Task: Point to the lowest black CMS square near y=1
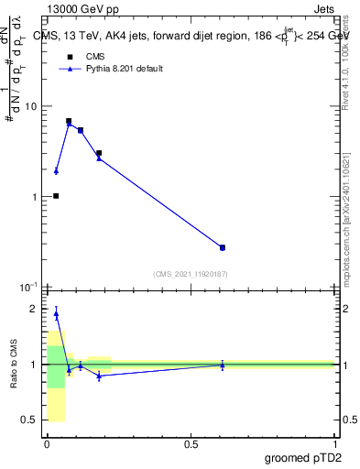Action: pos(56,196)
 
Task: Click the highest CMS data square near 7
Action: pos(69,121)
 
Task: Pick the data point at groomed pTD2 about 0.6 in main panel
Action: pos(223,247)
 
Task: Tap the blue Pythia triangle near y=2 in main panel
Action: pos(56,171)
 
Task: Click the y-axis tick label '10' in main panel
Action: pos(30,106)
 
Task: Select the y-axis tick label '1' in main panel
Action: pos(34,197)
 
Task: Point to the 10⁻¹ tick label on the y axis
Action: pos(29,287)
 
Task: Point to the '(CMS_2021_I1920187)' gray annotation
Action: pos(190,274)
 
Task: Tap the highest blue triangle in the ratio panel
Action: pos(56,314)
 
